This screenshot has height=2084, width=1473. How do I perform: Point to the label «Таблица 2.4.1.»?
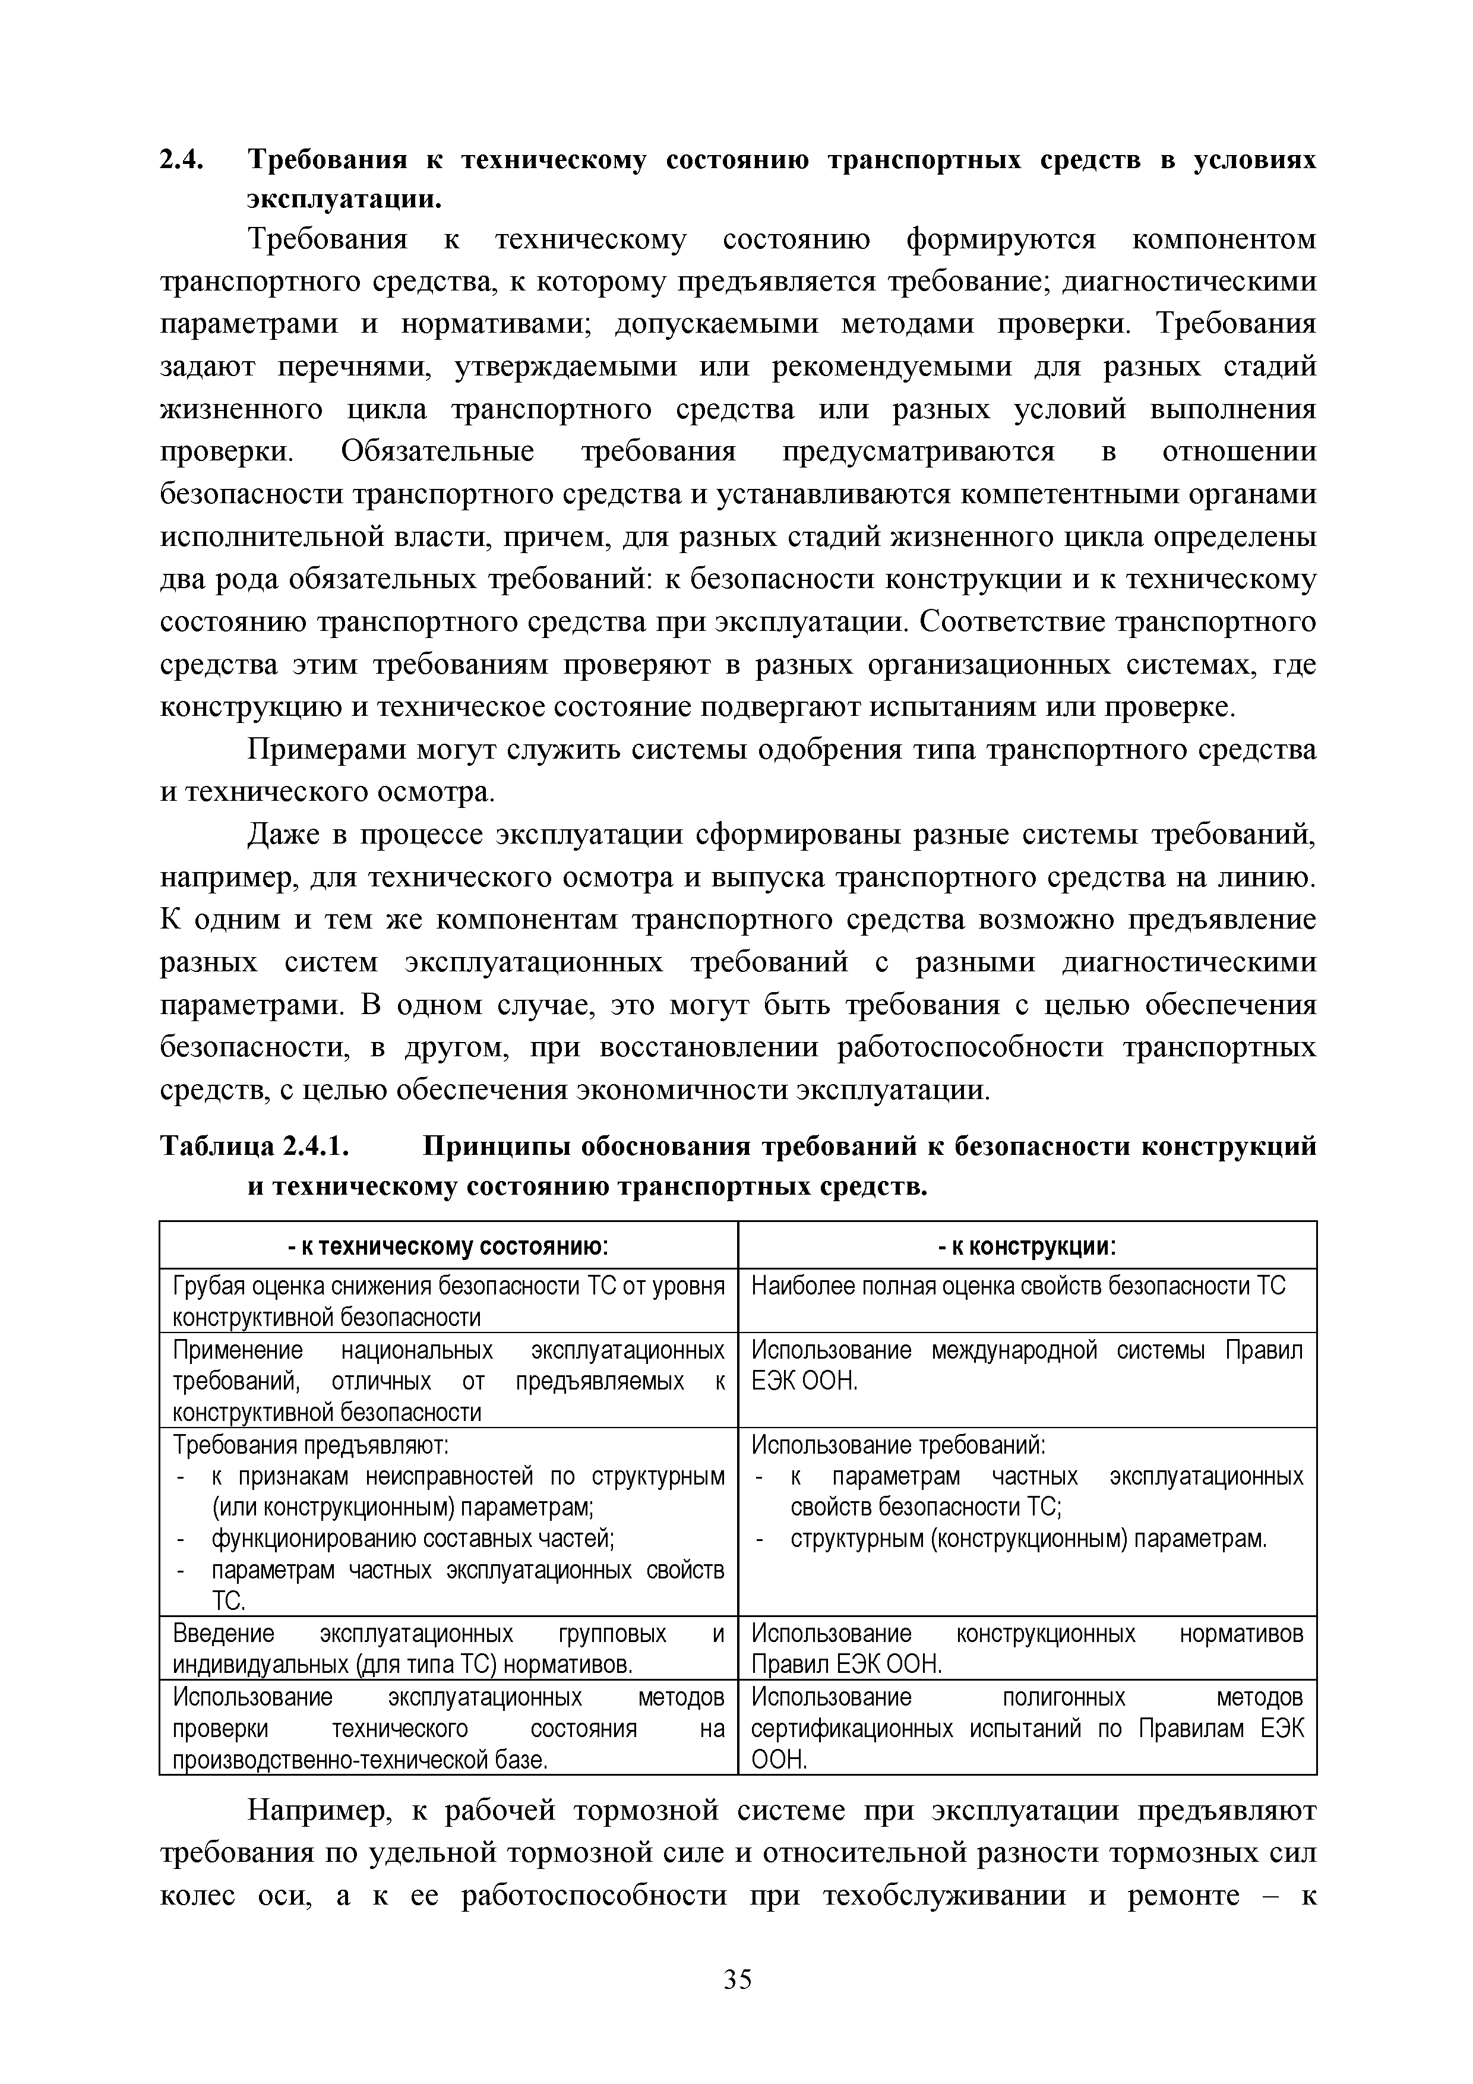point(254,1147)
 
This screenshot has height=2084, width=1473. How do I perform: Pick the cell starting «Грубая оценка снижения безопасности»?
point(448,1300)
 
